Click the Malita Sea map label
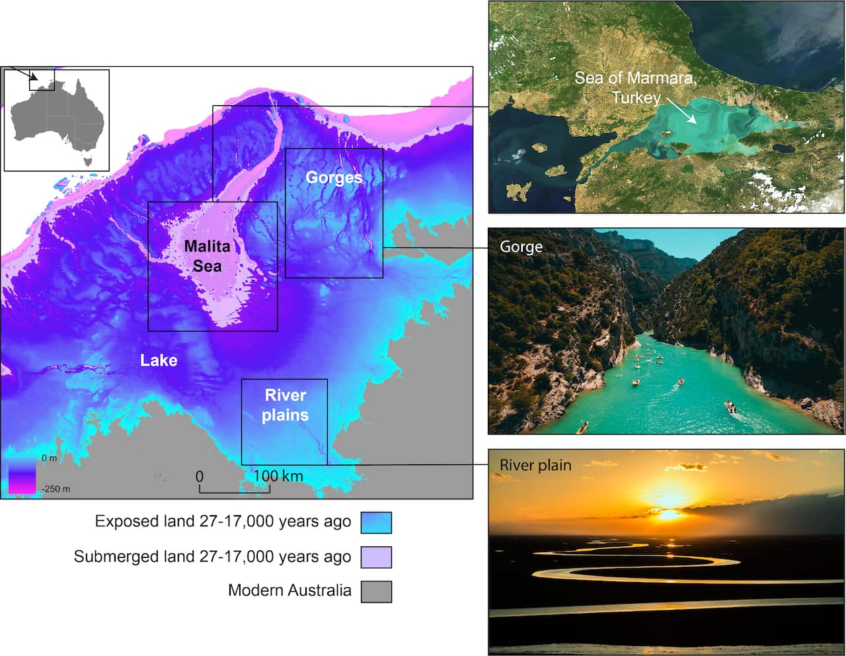pos(208,256)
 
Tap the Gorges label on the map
pos(334,177)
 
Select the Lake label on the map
pos(159,360)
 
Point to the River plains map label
pos(286,405)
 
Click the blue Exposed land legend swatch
pos(376,522)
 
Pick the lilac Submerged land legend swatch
pos(376,557)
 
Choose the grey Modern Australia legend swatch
pos(376,591)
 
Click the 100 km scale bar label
pos(278,476)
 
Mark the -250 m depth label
pos(56,489)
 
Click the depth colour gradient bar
pos(22,475)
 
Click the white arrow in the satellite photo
pos(681,110)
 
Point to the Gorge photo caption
pos(521,247)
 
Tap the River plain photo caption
pos(535,465)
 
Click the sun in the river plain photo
pos(669,513)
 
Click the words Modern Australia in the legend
pos(289,591)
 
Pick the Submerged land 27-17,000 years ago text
pos(212,557)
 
